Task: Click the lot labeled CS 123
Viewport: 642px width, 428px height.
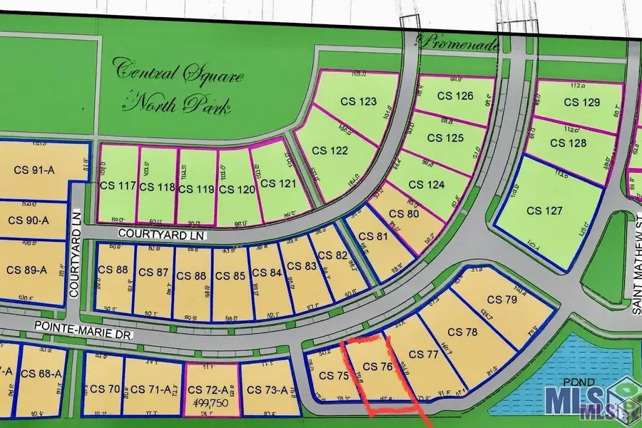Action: pos(358,101)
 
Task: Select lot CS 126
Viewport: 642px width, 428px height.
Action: pos(455,96)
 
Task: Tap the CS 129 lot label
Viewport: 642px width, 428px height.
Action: pos(581,102)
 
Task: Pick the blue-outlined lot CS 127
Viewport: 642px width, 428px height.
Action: pos(545,211)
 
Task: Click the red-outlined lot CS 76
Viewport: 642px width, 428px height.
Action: pos(377,367)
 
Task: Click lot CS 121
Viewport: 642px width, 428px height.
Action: pos(278,183)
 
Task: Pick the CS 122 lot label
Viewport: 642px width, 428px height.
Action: pos(329,151)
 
